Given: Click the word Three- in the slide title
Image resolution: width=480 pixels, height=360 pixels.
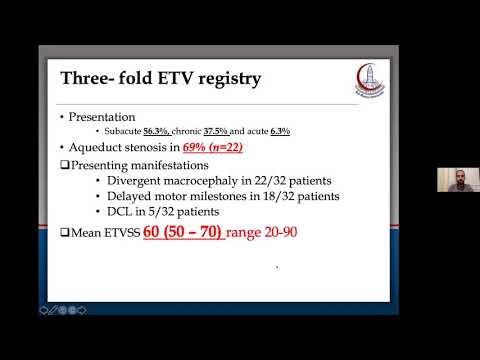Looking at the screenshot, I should coord(94,77).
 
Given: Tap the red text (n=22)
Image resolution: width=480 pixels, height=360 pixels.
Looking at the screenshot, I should coord(227,148).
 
